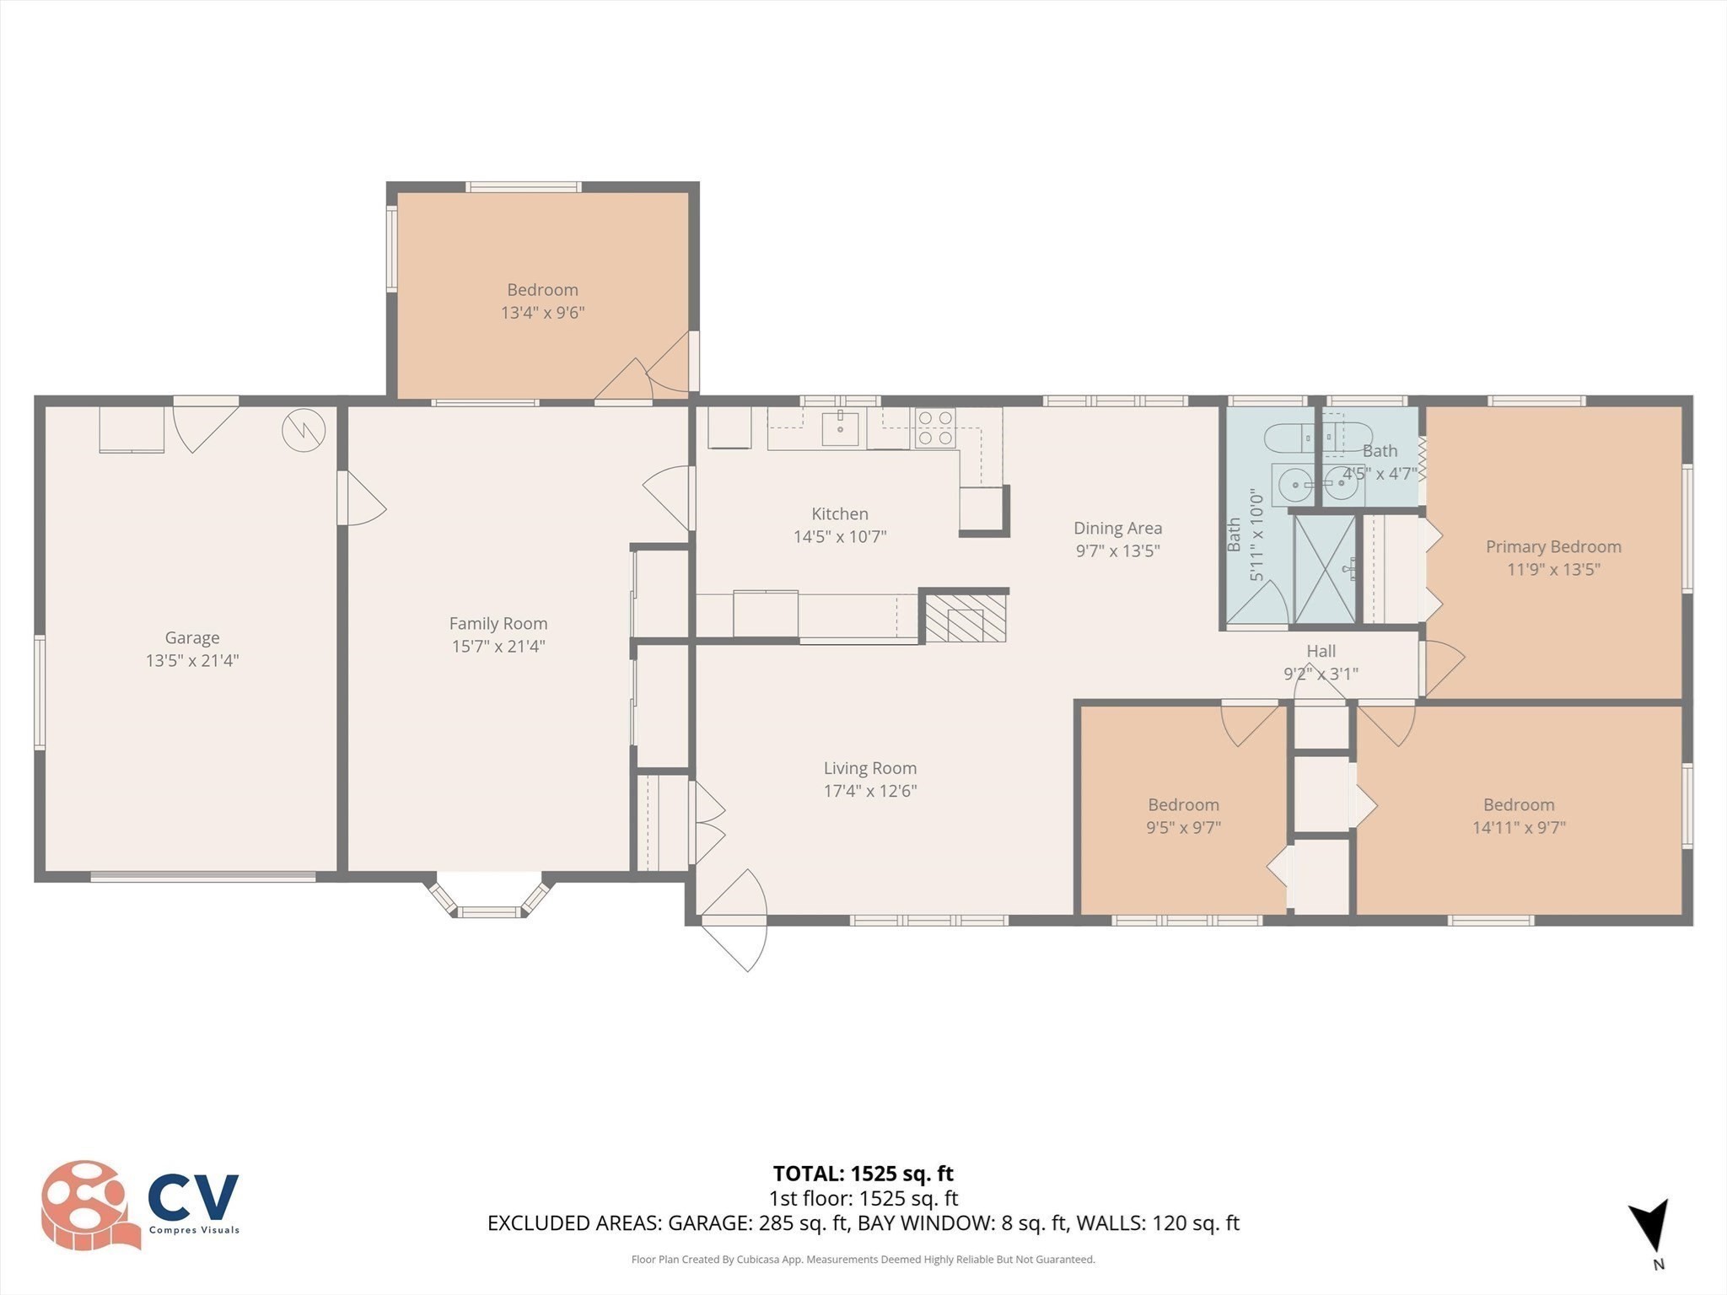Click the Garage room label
point(192,638)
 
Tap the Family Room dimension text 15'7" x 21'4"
point(498,647)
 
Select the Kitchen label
point(839,513)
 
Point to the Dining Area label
point(1117,528)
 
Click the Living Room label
point(869,768)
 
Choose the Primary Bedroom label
point(1552,546)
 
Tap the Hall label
point(1321,651)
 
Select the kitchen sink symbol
point(840,428)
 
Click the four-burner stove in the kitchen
point(934,427)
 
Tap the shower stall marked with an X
point(1325,570)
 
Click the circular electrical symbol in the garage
point(304,430)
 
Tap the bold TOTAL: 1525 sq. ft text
point(863,1174)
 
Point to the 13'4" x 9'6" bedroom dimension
point(542,313)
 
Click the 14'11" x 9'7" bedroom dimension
point(1518,828)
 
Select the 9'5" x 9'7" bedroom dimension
point(1182,828)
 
